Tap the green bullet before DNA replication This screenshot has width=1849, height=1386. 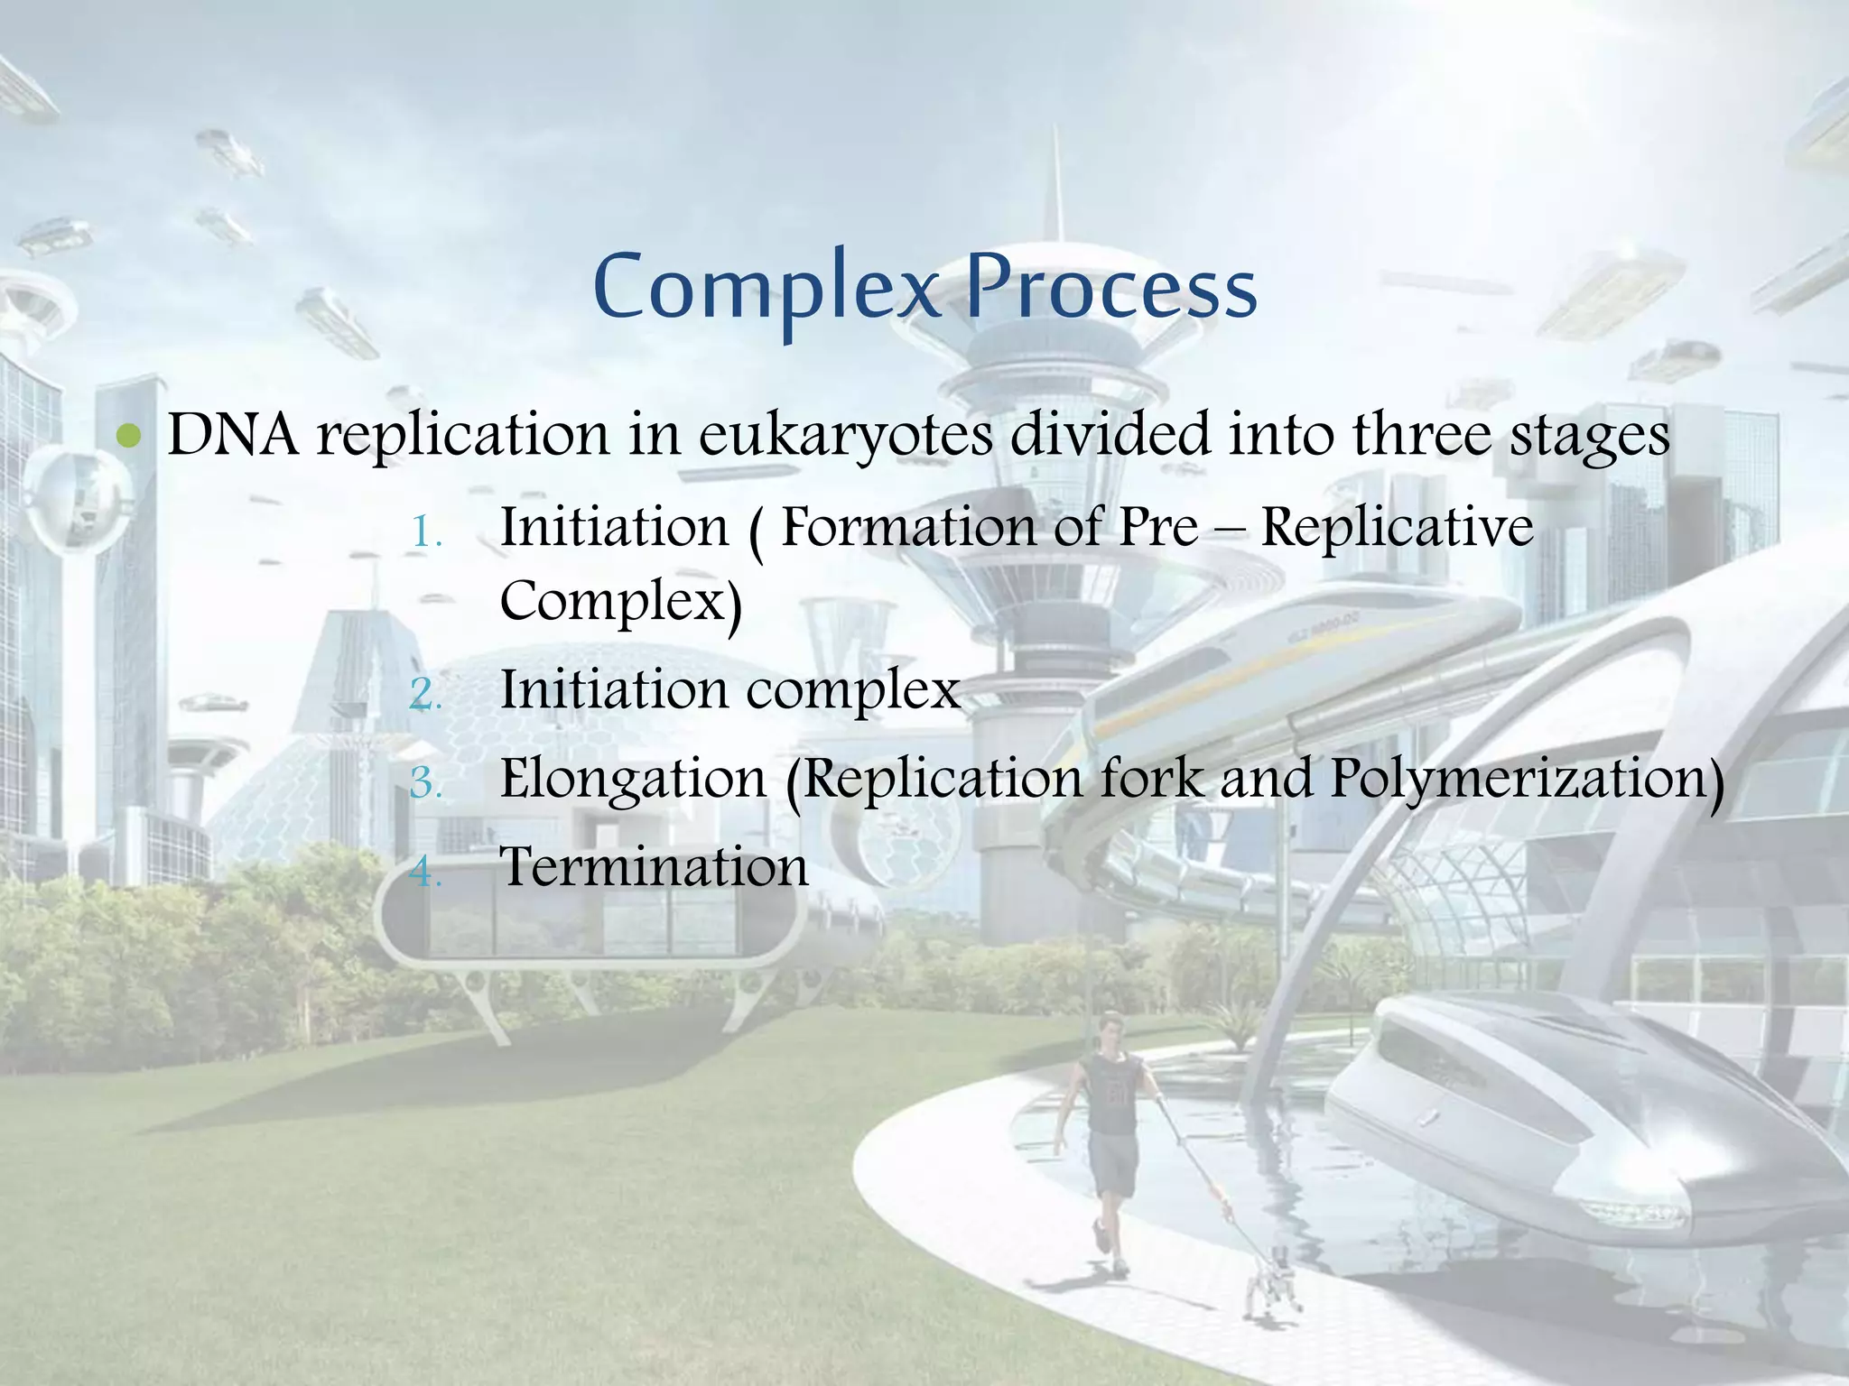pyautogui.click(x=130, y=437)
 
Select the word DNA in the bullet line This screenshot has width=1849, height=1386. pyautogui.click(x=233, y=435)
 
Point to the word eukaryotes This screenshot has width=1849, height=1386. pyautogui.click(x=846, y=437)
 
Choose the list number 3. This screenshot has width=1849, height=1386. pyautogui.click(x=425, y=781)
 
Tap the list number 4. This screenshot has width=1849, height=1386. pyautogui.click(x=425, y=872)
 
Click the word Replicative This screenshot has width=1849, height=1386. pyautogui.click(x=1397, y=527)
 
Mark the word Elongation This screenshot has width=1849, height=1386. pyautogui.click(x=633, y=780)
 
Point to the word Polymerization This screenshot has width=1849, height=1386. pyautogui.click(x=1526, y=780)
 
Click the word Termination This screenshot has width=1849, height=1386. pyautogui.click(x=655, y=868)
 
